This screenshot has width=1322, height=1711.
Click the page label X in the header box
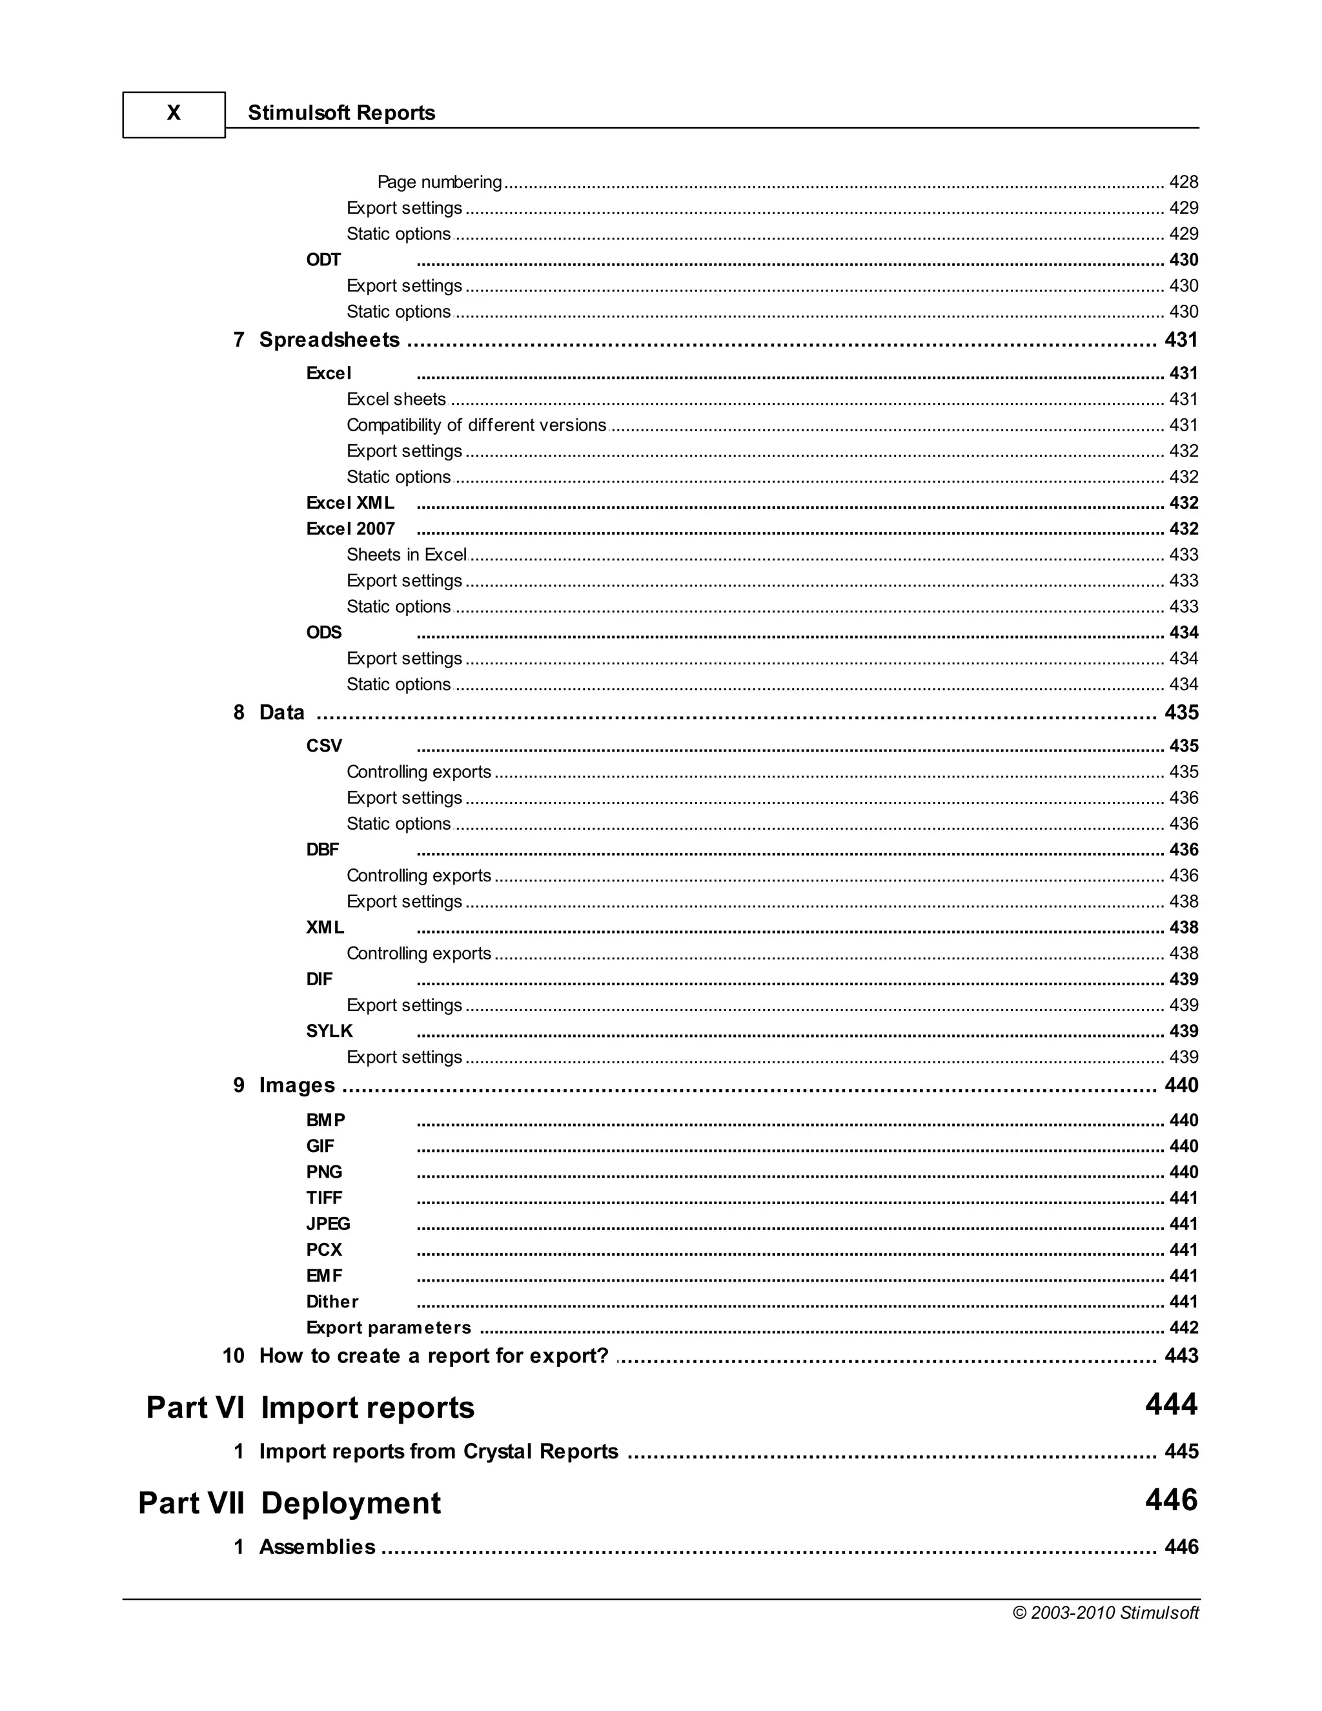pyautogui.click(x=174, y=114)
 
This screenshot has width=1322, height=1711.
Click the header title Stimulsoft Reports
pyautogui.click(x=341, y=113)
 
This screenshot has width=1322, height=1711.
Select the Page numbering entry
pyautogui.click(x=440, y=182)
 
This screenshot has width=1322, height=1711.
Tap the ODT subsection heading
pyautogui.click(x=323, y=260)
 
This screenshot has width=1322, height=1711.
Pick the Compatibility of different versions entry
pyautogui.click(x=476, y=425)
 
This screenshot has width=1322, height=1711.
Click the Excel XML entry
pyautogui.click(x=350, y=502)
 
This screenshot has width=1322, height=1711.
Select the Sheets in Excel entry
pyautogui.click(x=407, y=555)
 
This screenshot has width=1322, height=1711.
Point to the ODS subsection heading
pyautogui.click(x=323, y=632)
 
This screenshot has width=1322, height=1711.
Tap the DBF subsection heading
pyautogui.click(x=323, y=849)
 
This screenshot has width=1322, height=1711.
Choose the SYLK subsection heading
pyautogui.click(x=329, y=1031)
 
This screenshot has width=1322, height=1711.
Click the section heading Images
pyautogui.click(x=297, y=1085)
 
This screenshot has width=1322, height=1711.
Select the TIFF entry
pyautogui.click(x=323, y=1198)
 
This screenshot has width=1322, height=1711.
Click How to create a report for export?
pyautogui.click(x=433, y=1355)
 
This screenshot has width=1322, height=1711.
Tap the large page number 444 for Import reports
pyautogui.click(x=1171, y=1404)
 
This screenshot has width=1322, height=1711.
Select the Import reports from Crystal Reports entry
pyautogui.click(x=438, y=1451)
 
